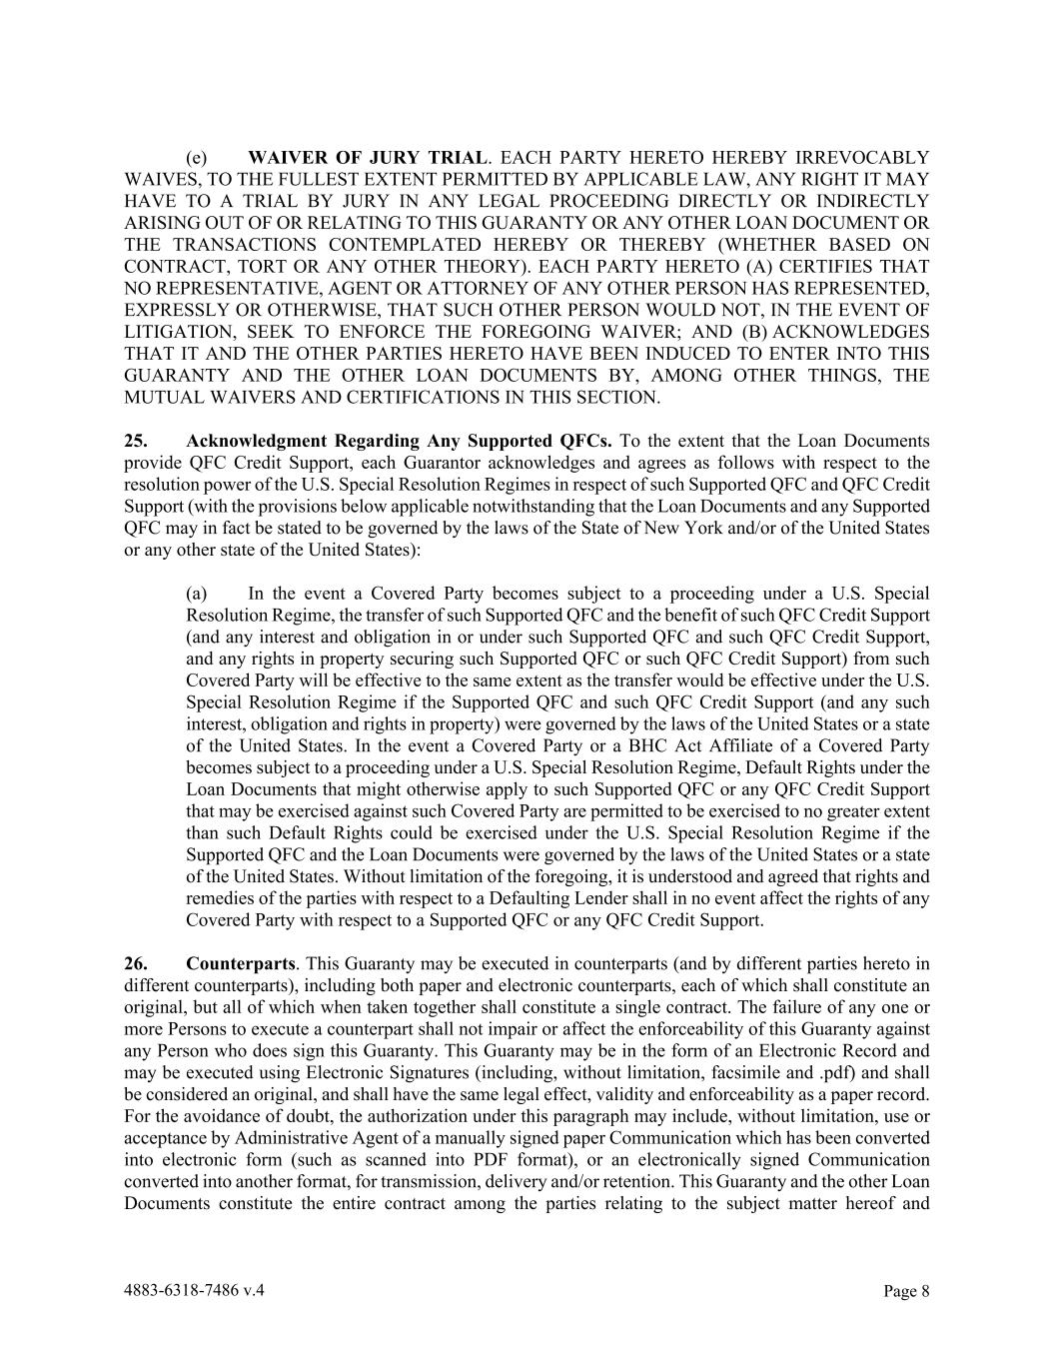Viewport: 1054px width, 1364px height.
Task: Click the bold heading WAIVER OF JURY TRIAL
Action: coord(368,158)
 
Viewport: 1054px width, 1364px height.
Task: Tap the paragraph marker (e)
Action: coord(196,158)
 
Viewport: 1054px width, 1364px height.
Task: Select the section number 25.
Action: coord(136,441)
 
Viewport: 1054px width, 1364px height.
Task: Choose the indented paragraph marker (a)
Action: coord(196,594)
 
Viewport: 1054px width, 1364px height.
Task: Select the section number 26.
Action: coord(136,964)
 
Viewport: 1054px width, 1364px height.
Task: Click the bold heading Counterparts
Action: coord(240,964)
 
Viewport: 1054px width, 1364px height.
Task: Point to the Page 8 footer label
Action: coord(906,1291)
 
